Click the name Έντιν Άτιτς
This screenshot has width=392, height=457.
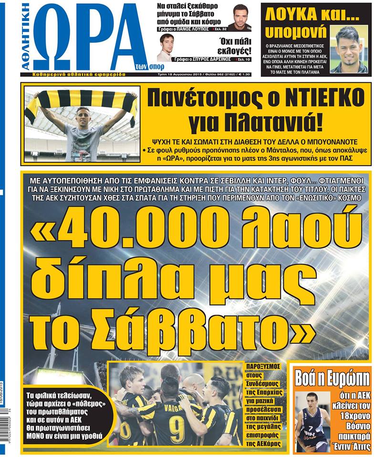click(353, 447)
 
